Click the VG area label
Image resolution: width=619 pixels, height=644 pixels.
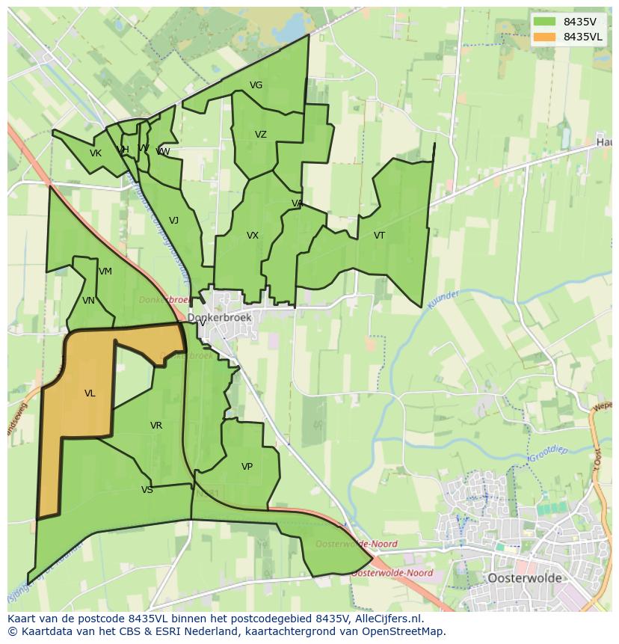[x=256, y=85]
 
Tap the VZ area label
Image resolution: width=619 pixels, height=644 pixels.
[x=260, y=135]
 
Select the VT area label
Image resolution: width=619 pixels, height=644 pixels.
[x=379, y=236]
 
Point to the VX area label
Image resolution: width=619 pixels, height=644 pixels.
[x=253, y=236]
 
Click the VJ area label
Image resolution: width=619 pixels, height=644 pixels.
[x=173, y=221]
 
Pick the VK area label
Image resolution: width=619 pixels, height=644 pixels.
[x=95, y=153]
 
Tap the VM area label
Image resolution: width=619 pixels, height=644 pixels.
[x=105, y=272]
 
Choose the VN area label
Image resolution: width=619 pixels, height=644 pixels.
[x=88, y=301]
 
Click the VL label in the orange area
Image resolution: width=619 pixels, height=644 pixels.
[x=90, y=393]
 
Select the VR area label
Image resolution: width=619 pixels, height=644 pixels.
[x=155, y=426]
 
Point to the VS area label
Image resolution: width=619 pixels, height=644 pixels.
[x=147, y=490]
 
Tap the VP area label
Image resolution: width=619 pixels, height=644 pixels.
[x=247, y=467]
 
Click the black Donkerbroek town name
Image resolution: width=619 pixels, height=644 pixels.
[x=219, y=318]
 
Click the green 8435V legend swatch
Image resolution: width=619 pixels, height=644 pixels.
[x=544, y=22]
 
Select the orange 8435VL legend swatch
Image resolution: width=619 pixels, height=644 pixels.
[x=544, y=37]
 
